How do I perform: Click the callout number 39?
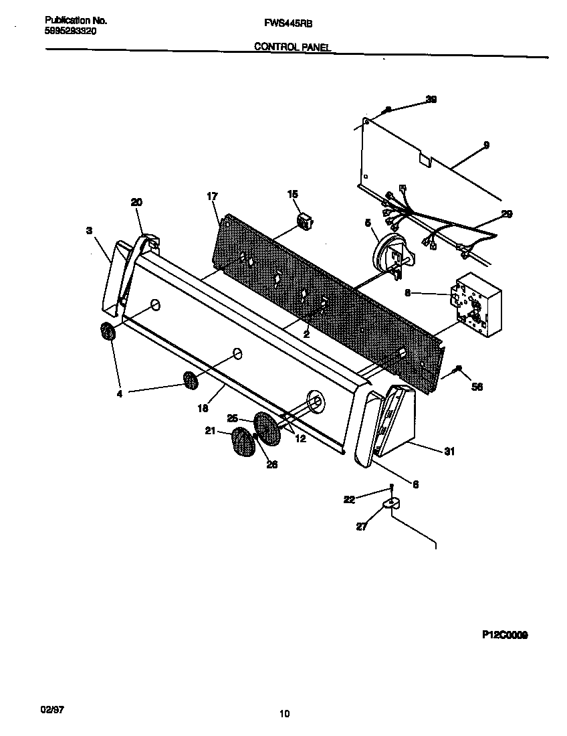tap(431, 99)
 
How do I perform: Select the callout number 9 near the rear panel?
tap(486, 145)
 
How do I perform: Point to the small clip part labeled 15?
tap(305, 220)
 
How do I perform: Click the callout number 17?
tap(212, 196)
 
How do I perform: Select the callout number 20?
tap(136, 202)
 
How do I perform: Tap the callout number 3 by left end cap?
tap(89, 230)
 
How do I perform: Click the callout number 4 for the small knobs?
tap(120, 394)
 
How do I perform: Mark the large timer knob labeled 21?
tap(242, 443)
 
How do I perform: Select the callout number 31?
tap(449, 452)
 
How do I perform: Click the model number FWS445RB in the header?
tap(283, 23)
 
